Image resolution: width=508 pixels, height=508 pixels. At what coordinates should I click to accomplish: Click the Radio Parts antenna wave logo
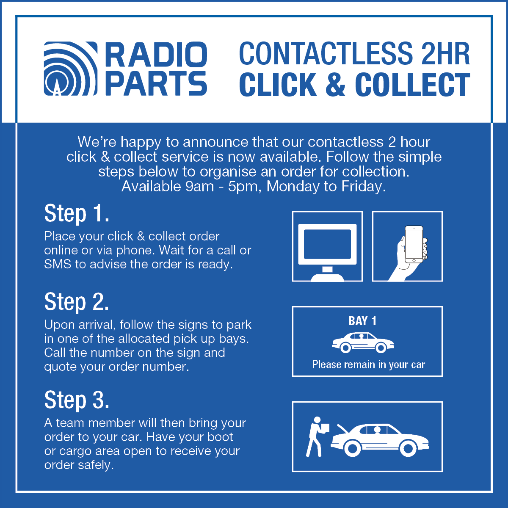tap(70, 69)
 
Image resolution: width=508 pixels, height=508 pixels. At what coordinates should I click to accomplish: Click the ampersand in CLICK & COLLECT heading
tap(335, 85)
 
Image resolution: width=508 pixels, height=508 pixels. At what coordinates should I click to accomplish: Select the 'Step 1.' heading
tap(77, 213)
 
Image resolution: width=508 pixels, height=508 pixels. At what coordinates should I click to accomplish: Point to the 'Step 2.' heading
tap(77, 302)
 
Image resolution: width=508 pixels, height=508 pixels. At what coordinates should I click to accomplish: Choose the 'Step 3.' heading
tap(77, 400)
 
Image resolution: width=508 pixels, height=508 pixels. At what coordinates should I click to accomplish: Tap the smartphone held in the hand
tap(414, 245)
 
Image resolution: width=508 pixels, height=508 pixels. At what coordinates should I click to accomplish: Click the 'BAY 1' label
tap(362, 321)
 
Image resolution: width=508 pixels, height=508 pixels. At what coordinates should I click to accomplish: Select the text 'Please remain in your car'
tap(368, 364)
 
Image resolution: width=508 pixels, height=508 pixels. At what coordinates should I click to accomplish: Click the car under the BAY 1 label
tap(363, 342)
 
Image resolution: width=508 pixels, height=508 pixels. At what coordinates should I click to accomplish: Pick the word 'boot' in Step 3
tap(220, 437)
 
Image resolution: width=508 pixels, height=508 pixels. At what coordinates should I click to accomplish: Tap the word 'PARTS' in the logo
tap(156, 83)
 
